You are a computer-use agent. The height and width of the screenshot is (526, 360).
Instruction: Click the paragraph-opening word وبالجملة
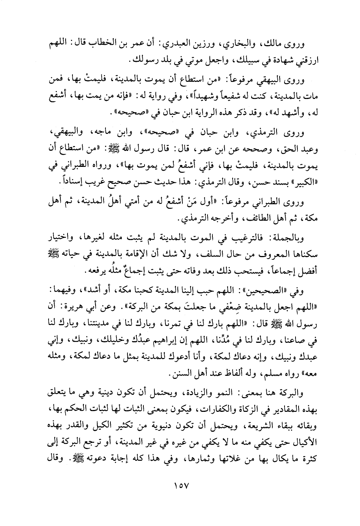(x=296, y=238)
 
